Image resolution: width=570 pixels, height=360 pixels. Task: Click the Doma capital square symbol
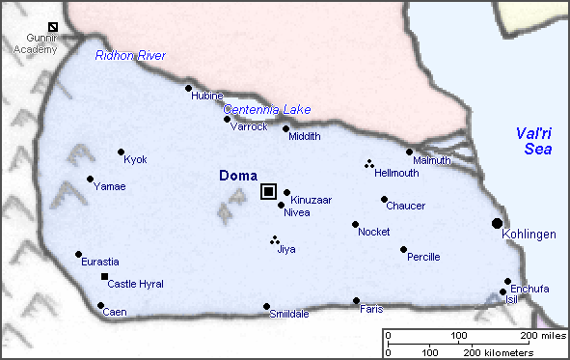[268, 191]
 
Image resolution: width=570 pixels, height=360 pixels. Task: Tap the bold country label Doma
[237, 176]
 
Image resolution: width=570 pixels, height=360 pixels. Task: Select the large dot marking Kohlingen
[497, 223]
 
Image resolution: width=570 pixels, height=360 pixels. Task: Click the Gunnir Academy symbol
[52, 26]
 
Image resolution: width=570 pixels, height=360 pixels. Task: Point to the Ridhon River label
[130, 56]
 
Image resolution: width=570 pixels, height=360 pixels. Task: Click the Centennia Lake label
[267, 109]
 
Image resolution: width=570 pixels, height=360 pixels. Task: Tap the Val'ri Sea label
[531, 141]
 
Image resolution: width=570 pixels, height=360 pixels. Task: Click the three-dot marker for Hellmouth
[368, 164]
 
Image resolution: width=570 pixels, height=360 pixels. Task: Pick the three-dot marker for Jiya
[275, 240]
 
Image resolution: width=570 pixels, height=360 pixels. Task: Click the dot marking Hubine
[188, 88]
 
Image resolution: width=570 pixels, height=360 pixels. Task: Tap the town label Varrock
[249, 126]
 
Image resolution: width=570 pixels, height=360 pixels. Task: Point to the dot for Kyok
[121, 152]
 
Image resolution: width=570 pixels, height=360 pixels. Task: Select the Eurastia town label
[99, 262]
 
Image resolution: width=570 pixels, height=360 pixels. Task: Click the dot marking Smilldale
[266, 307]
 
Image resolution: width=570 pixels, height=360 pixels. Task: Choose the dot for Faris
[356, 300]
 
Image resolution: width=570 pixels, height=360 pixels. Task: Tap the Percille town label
[423, 257]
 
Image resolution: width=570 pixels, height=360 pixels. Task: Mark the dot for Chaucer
[384, 200]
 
